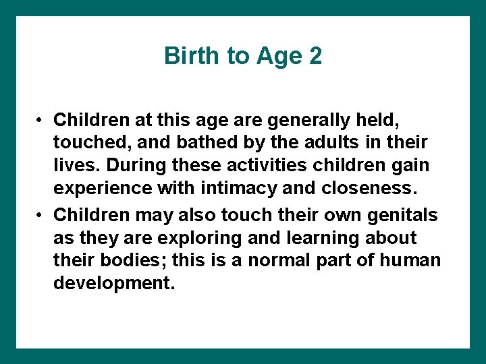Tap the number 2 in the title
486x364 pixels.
click(315, 56)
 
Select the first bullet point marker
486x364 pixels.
click(41, 121)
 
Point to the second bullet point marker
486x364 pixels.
click(41, 215)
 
